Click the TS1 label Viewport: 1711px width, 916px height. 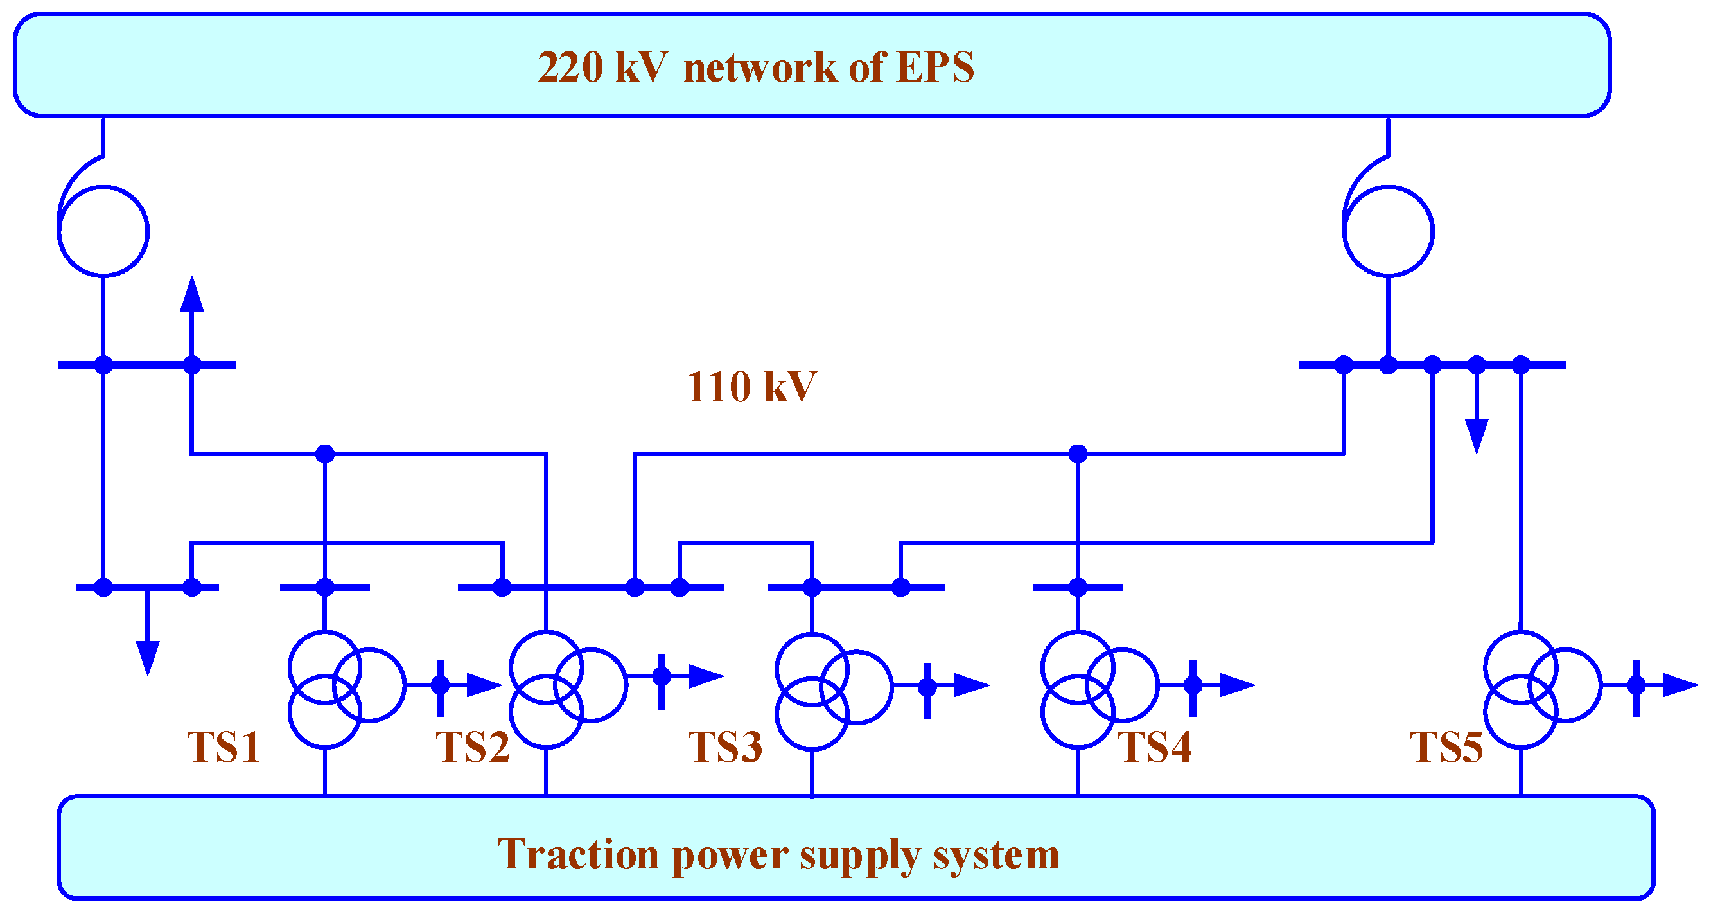pos(223,746)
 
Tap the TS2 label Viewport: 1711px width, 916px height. pos(472,746)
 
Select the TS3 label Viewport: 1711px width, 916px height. pos(724,746)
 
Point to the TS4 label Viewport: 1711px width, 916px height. pos(1154,746)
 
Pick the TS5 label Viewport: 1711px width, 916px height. pos(1446,746)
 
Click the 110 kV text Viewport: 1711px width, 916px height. pos(751,387)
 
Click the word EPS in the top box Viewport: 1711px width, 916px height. pos(934,67)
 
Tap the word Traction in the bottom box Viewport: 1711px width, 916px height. pos(578,854)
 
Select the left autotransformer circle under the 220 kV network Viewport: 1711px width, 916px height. pos(103,231)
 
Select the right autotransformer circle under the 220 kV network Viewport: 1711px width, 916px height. pos(1388,231)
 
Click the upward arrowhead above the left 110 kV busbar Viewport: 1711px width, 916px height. pos(192,294)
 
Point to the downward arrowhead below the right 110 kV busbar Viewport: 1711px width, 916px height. pos(1477,436)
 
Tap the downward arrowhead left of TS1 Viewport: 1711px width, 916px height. pos(148,658)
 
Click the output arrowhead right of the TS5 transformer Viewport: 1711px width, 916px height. pos(1680,685)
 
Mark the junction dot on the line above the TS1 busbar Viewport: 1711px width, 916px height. pos(325,454)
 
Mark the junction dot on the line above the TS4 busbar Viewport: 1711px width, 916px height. pos(1077,454)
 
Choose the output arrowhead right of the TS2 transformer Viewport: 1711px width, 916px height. pos(705,676)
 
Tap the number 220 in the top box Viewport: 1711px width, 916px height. pos(570,67)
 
